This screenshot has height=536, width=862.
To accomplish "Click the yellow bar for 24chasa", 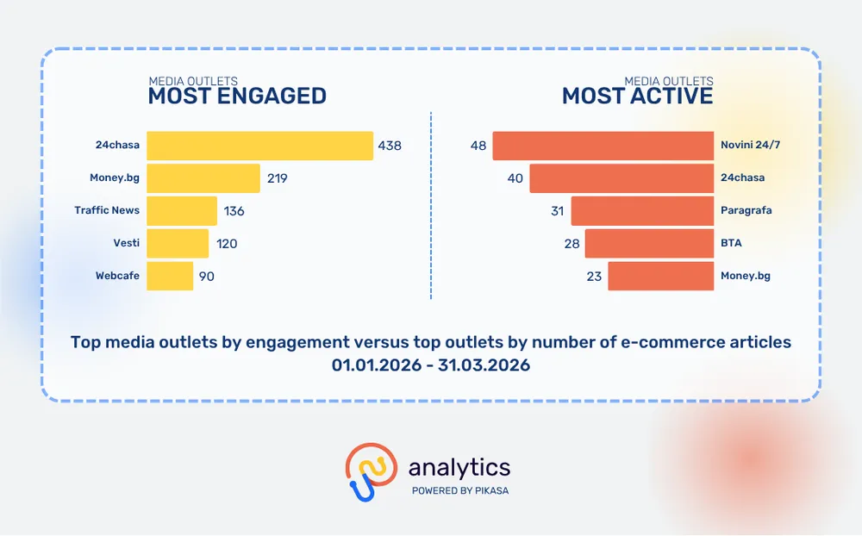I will [x=259, y=146].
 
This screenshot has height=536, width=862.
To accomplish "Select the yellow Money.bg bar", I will [x=203, y=178].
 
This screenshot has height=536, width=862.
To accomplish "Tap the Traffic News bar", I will [x=182, y=211].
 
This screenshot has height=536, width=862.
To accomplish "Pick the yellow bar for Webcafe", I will [x=170, y=276].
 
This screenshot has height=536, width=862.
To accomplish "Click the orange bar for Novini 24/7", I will [x=603, y=146].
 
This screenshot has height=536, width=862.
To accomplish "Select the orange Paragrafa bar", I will [x=642, y=211].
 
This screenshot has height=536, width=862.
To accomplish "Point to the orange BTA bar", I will [x=649, y=244].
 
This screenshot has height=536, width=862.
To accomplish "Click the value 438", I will [x=390, y=146].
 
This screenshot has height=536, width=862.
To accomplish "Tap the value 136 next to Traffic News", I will [x=234, y=211].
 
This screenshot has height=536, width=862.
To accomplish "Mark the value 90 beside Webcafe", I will [x=206, y=277].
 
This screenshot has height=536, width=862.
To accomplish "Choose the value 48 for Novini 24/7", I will [x=478, y=146].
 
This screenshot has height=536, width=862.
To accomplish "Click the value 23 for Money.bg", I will [x=594, y=277].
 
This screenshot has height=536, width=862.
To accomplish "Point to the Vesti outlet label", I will [x=126, y=244].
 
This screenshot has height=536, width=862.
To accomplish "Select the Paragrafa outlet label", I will [x=746, y=211].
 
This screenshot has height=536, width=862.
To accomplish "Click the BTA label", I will [x=731, y=244].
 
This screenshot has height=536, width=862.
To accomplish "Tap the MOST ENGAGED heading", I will [x=237, y=96].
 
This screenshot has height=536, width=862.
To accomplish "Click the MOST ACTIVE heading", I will [x=638, y=96].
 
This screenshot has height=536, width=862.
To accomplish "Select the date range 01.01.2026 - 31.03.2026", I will [x=431, y=365].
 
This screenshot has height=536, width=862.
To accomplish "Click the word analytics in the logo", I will [x=459, y=468].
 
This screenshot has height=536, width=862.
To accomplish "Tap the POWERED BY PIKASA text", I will [x=459, y=490].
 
